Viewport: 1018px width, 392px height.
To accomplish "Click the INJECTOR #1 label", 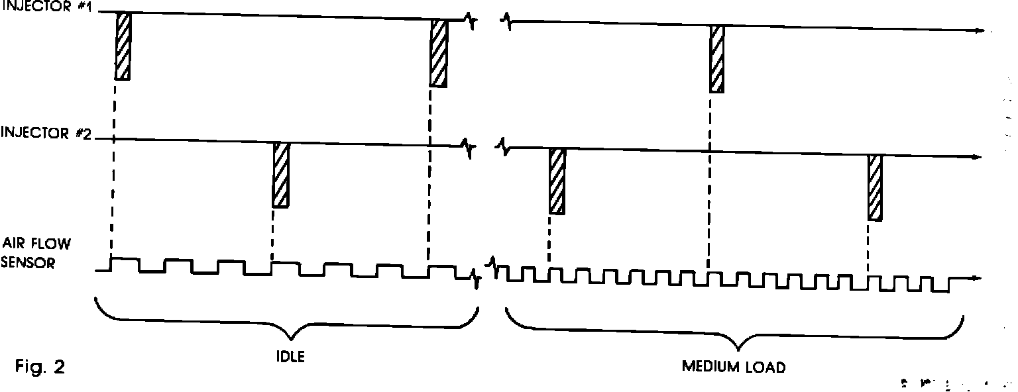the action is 48,10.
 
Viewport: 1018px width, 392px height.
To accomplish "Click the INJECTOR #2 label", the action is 48,134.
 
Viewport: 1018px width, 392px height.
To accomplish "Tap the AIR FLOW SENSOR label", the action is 36,252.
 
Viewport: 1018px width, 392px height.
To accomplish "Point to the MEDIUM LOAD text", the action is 734,366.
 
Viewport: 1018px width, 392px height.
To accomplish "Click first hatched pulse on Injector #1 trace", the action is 123,46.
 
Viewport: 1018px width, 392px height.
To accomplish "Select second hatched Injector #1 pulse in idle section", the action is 438,52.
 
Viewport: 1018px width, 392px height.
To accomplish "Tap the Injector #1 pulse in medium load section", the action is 716,58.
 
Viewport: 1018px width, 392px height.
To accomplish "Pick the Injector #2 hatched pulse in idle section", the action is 281,175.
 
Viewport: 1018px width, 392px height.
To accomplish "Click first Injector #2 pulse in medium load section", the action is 557,180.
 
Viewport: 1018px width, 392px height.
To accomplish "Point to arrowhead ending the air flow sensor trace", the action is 977,278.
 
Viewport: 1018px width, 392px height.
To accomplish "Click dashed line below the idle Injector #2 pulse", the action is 272,232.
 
